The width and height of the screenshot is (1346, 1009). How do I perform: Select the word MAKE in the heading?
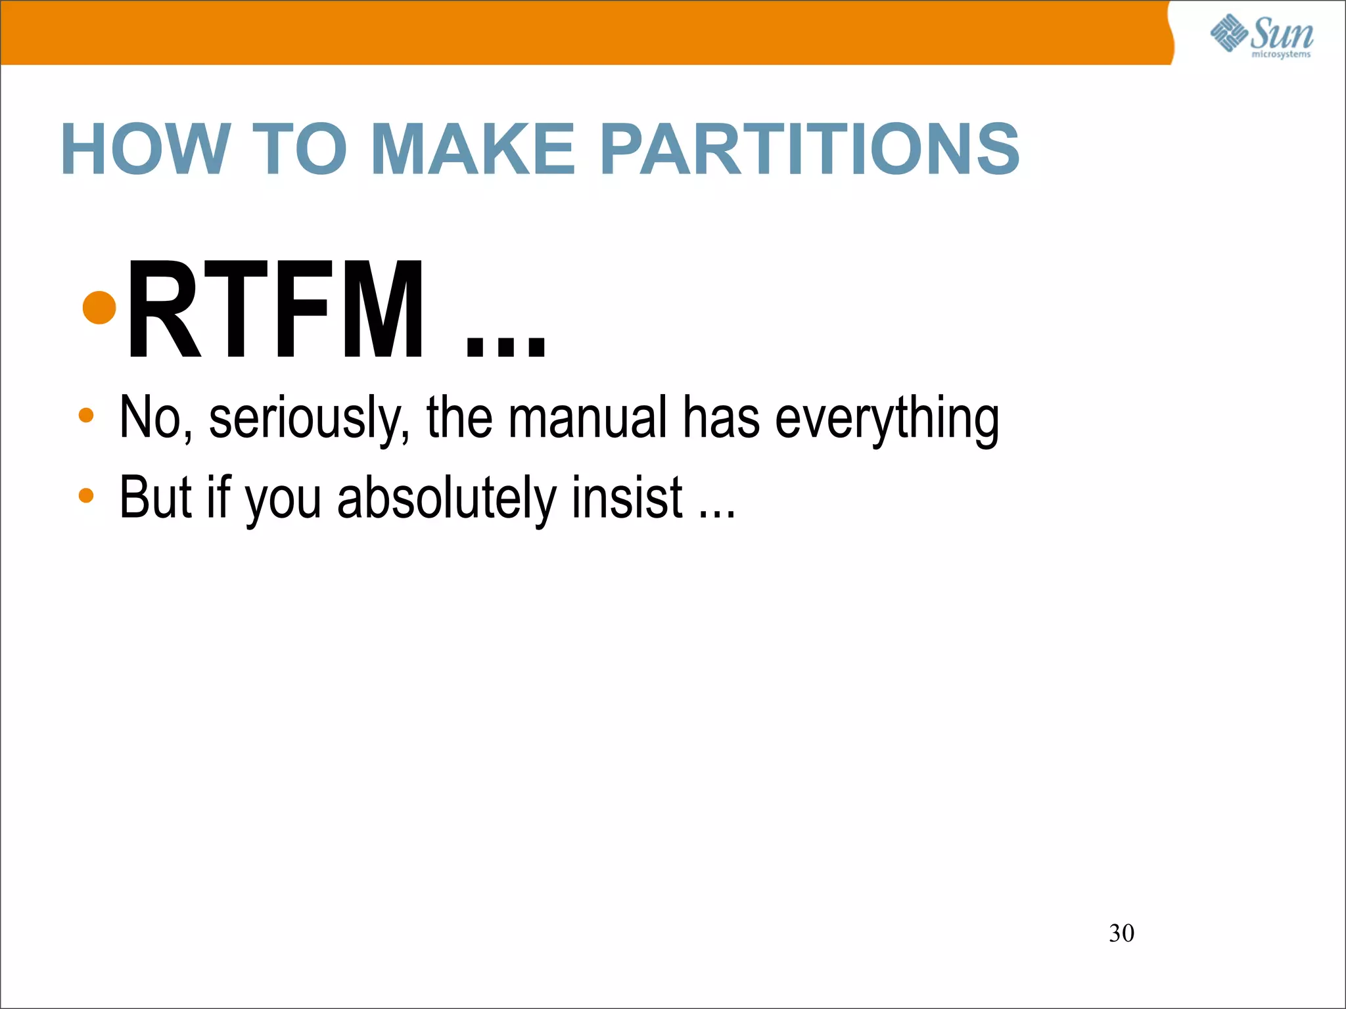point(473,150)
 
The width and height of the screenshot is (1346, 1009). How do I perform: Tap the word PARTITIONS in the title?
point(810,150)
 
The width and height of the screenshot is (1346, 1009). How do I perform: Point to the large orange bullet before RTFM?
point(100,307)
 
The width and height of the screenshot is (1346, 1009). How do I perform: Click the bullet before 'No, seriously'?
point(86,415)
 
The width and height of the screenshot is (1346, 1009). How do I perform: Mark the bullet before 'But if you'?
point(86,495)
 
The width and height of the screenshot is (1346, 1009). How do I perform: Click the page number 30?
point(1121,933)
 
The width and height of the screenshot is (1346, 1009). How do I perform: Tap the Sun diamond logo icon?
point(1228,34)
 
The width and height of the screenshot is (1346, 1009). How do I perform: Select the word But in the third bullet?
point(155,498)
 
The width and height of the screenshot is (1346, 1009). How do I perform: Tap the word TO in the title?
point(300,150)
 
